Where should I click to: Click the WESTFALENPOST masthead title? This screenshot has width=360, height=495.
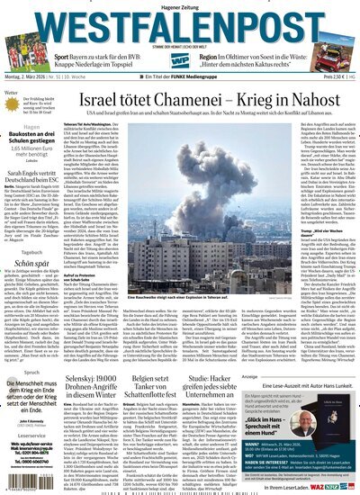click(180, 22)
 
